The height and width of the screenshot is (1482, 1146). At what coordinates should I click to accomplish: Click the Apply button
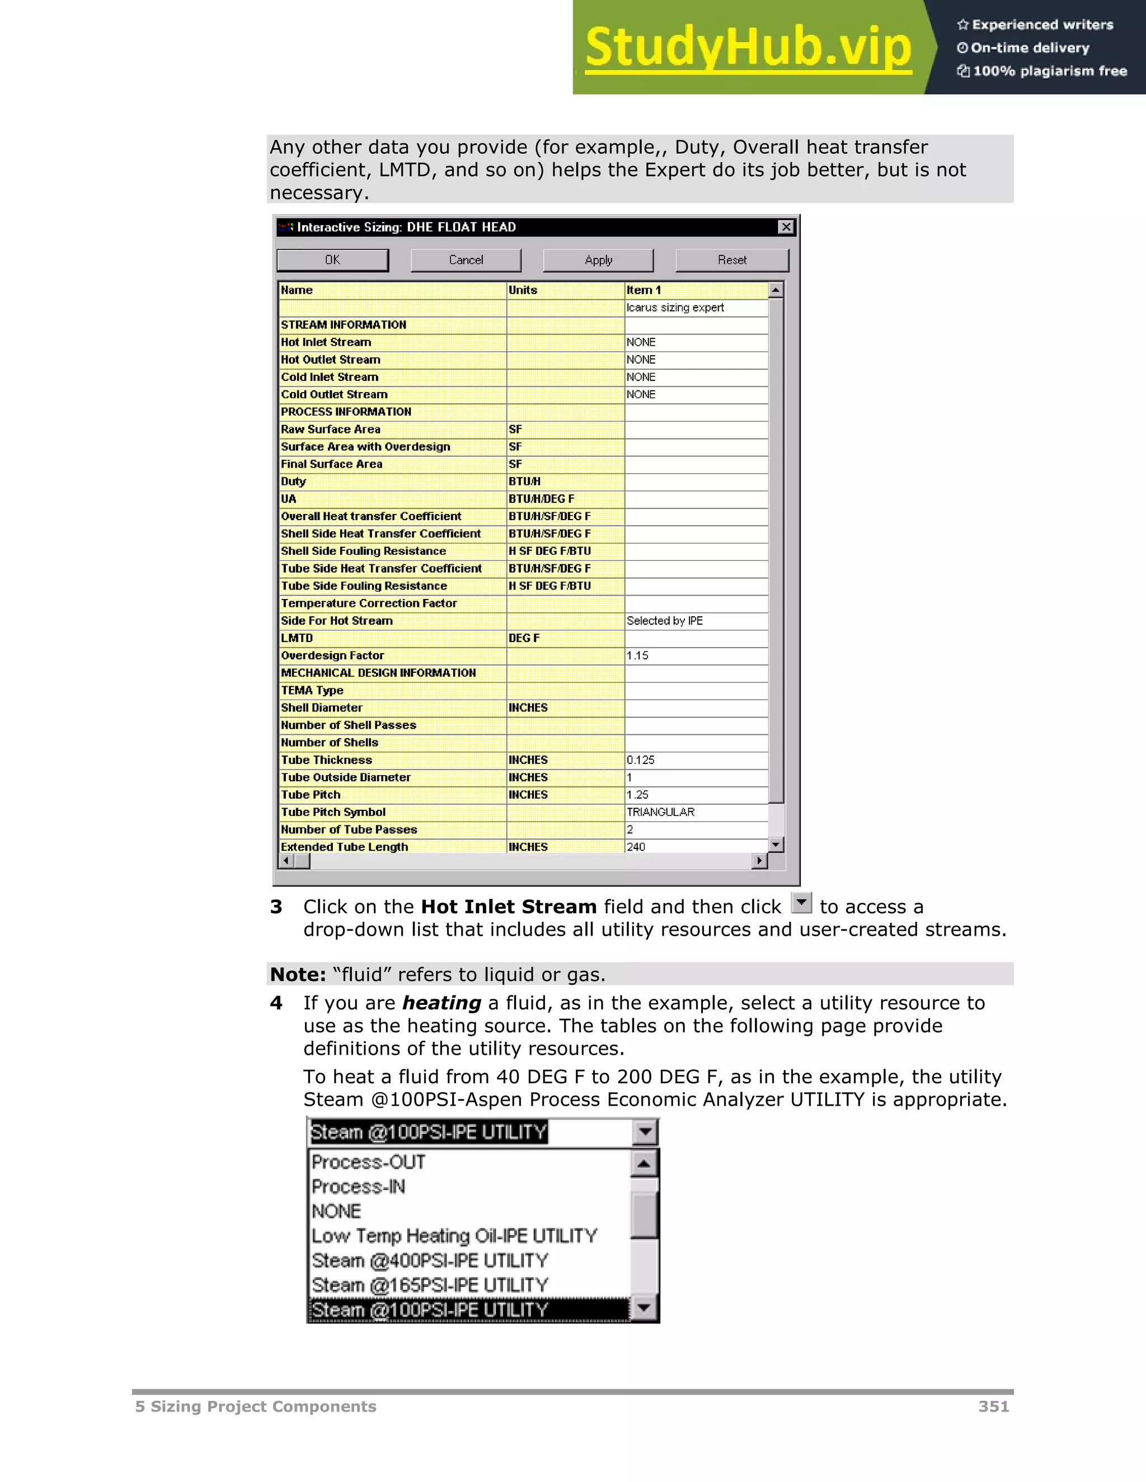point(598,260)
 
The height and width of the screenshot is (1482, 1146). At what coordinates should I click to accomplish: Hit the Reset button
point(732,260)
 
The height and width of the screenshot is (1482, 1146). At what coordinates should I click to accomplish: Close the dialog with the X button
point(786,227)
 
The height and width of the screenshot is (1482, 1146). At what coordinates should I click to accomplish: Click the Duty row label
point(294,482)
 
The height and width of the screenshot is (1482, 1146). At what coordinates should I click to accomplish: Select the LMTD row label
point(297,639)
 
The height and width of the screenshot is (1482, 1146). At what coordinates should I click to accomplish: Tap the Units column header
point(523,290)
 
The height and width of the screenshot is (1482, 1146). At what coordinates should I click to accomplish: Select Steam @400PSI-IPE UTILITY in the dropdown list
point(430,1261)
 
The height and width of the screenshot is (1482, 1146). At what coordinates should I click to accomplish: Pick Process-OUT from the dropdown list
point(369,1163)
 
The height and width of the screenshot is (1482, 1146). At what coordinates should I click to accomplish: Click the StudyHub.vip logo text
point(748,48)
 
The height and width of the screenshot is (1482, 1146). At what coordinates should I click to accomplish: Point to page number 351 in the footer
point(993,1407)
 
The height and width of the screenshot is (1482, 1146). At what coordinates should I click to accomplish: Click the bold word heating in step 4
point(442,1003)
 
